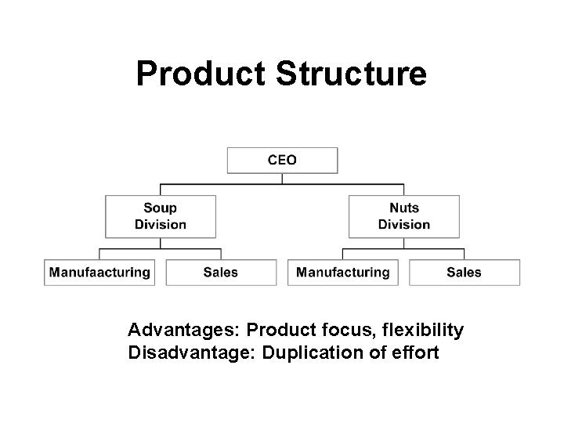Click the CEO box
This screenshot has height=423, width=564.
pos(282,160)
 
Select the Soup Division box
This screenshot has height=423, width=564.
pos(160,216)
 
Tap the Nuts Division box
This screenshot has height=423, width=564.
pos(403,216)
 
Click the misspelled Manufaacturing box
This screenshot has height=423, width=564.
pos(99,273)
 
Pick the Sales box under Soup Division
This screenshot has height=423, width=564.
pos(221,273)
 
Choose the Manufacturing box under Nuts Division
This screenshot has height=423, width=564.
pos(343,273)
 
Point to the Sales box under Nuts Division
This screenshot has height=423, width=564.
pos(465,273)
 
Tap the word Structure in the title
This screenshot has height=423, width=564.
pos(352,74)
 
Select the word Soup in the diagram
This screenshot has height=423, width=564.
pos(160,208)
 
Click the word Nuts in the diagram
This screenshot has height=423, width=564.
pos(404,208)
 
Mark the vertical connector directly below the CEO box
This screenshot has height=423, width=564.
pos(282,178)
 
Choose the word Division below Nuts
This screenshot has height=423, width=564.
pos(404,225)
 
